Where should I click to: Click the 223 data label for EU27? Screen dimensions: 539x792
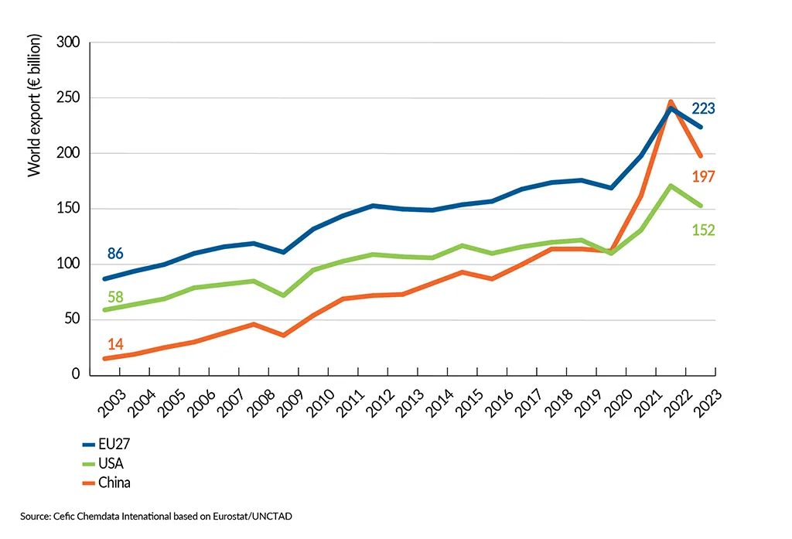pos(703,109)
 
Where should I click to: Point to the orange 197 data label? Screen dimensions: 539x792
pos(703,176)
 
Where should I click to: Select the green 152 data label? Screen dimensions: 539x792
pos(703,230)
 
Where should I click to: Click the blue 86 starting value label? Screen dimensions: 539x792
pos(115,254)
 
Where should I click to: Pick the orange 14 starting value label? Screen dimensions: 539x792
pos(115,344)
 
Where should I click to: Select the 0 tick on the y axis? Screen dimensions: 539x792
pos(76,375)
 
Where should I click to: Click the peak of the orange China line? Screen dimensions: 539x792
pos(671,102)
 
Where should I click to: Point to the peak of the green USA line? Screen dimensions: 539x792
pos(671,186)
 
